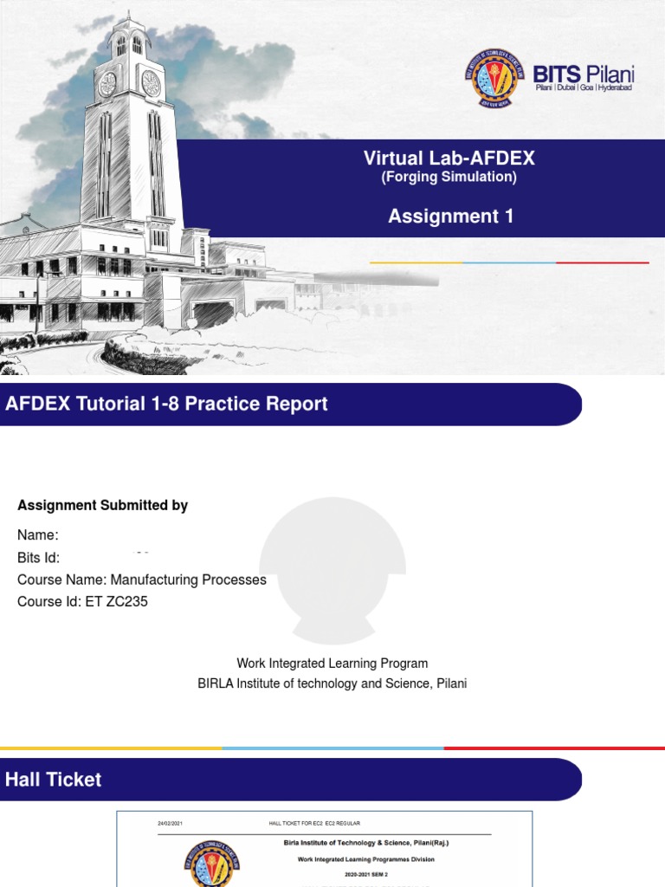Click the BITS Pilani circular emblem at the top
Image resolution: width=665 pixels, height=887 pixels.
[x=494, y=78]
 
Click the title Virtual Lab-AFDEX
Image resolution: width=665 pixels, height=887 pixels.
[x=449, y=159]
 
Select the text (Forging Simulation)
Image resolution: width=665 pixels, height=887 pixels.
[x=449, y=178]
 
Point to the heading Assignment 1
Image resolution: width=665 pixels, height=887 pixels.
[x=450, y=217]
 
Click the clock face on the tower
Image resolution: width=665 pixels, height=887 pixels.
[x=151, y=83]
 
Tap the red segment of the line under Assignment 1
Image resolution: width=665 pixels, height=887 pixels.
[x=602, y=262]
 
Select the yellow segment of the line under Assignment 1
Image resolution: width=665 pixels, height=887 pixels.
[x=416, y=262]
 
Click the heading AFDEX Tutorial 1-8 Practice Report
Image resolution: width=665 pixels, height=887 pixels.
[x=167, y=405]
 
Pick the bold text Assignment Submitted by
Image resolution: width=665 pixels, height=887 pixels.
[x=102, y=506]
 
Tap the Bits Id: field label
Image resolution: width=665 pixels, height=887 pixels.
[x=39, y=558]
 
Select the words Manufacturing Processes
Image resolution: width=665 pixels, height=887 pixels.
[x=189, y=579]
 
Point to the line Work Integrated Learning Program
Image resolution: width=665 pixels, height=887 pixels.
[x=332, y=664]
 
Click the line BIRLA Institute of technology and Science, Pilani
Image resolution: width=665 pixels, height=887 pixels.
[x=332, y=683]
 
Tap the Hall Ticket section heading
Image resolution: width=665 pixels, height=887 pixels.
[x=54, y=780]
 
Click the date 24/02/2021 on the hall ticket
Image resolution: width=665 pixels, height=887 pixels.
[x=171, y=822]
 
